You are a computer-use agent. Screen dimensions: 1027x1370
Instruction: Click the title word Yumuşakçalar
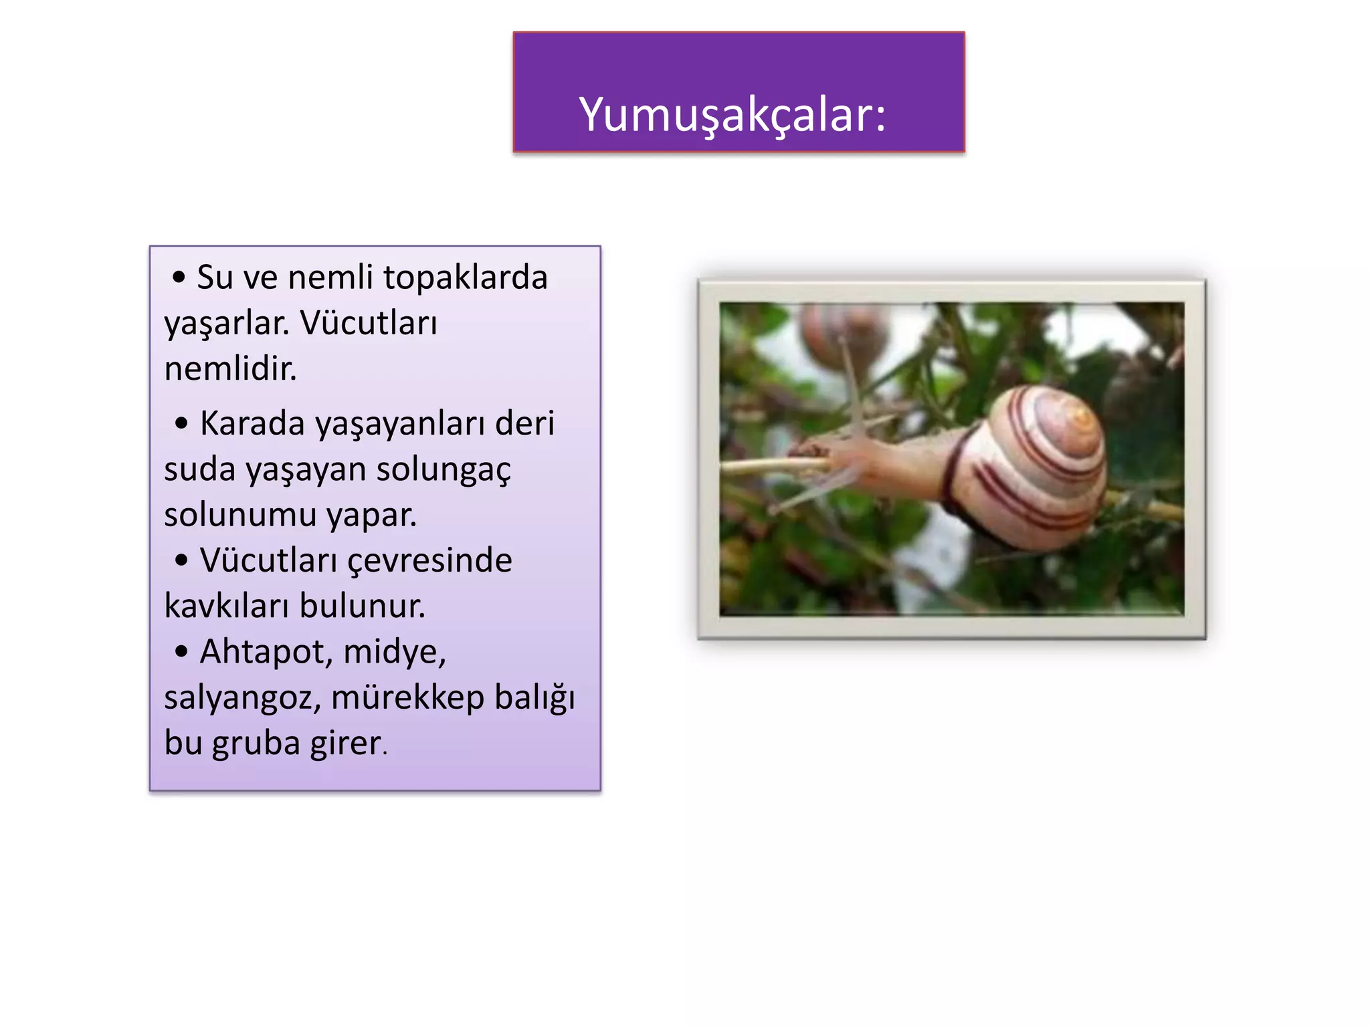[732, 115]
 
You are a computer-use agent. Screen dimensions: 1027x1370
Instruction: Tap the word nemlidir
[230, 369]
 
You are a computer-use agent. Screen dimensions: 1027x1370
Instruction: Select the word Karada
[252, 424]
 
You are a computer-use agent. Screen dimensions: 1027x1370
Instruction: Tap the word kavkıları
[225, 606]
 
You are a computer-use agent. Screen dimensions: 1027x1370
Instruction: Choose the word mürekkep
[407, 698]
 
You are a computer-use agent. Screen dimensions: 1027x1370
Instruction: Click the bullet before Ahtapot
[181, 652]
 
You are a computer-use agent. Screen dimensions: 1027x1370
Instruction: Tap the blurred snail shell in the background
[844, 334]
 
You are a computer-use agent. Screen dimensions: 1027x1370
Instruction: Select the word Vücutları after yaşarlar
[369, 324]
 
